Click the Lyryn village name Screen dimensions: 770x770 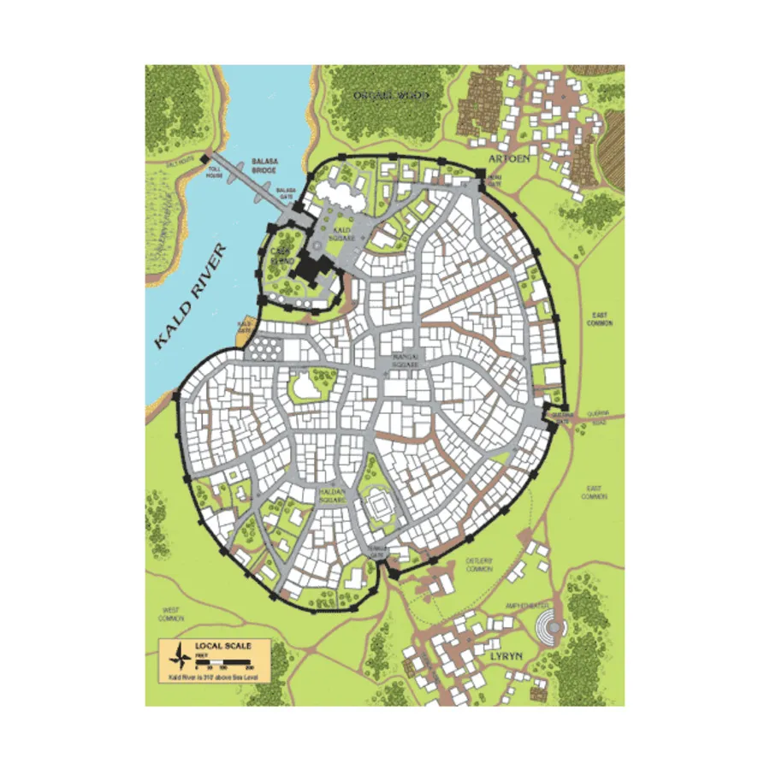click(x=507, y=655)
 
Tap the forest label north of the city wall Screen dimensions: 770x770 click(x=394, y=95)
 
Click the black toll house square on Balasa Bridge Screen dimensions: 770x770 click(x=206, y=157)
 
